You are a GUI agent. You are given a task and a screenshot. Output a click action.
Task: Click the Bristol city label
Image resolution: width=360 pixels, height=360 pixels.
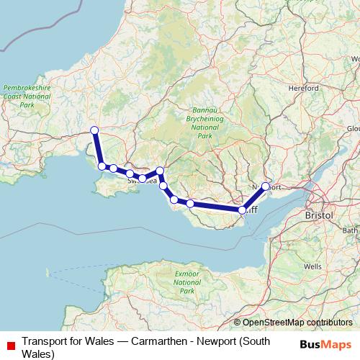[318, 215]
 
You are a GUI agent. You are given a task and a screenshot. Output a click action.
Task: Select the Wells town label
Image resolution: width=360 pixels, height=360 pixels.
[312, 266]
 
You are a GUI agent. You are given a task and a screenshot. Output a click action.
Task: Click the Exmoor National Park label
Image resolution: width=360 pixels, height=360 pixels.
[186, 284]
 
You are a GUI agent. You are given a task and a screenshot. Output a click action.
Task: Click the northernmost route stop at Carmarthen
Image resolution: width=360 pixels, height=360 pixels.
[94, 130]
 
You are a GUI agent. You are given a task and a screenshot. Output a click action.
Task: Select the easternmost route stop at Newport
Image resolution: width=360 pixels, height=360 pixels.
[266, 186]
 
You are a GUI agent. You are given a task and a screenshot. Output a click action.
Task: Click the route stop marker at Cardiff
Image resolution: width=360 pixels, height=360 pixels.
[243, 210]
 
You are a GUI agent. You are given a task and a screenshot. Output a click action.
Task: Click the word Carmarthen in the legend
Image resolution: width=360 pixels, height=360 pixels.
[152, 341]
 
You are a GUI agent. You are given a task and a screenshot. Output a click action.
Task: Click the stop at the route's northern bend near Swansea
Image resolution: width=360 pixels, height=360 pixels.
[160, 171]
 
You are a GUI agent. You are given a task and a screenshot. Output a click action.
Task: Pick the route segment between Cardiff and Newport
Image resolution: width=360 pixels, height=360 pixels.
[254, 198]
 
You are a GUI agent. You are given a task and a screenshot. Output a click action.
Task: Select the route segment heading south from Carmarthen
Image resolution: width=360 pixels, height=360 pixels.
[97, 148]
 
